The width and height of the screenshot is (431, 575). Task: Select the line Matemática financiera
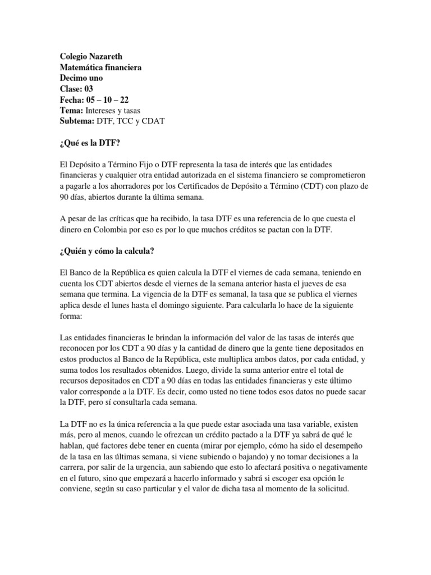100,67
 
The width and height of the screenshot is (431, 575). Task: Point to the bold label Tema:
72,111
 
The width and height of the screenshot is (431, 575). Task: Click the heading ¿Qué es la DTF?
90,143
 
